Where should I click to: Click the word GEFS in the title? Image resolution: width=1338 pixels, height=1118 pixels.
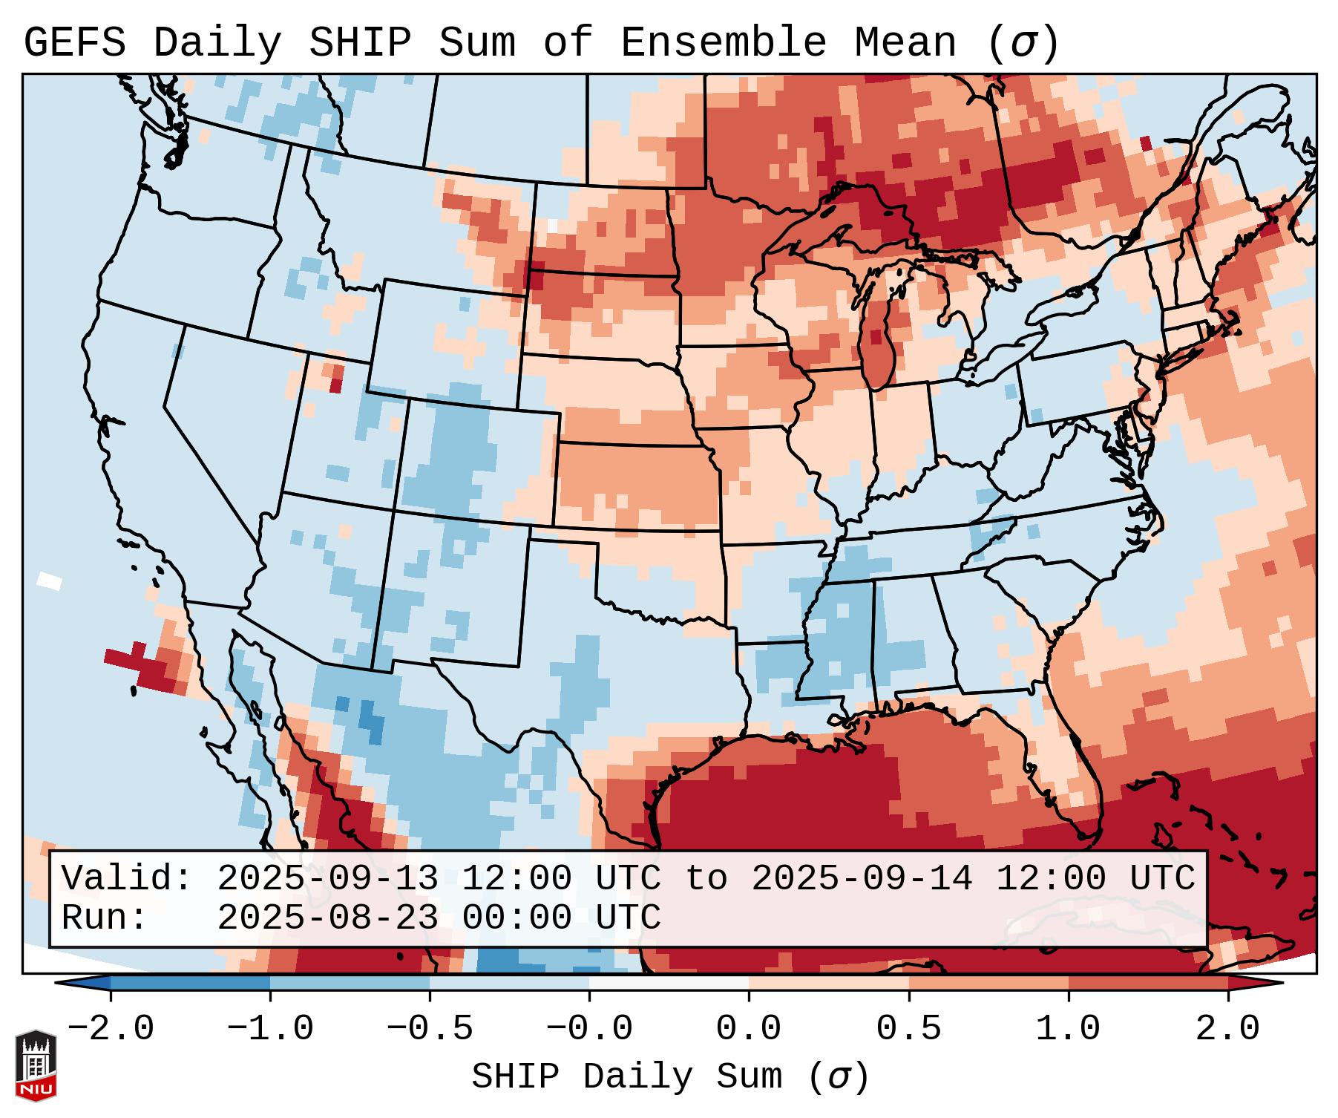(75, 42)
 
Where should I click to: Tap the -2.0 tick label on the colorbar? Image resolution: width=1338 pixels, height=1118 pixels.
(111, 1029)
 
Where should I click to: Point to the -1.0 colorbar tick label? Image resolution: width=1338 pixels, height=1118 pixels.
(270, 1029)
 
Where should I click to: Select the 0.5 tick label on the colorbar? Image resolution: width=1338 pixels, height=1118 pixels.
(908, 1029)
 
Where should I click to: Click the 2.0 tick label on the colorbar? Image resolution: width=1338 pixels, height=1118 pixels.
(1227, 1029)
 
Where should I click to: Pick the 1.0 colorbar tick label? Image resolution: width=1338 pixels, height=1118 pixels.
(1068, 1029)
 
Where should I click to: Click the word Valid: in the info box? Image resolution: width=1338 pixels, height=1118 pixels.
(127, 879)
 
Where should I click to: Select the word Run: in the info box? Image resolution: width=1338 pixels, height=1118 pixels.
(105, 918)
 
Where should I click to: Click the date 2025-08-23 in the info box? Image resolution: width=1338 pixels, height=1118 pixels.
(327, 918)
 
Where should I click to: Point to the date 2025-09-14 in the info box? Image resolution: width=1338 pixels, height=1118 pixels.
(862, 879)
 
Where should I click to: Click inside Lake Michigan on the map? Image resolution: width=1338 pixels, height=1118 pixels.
(879, 341)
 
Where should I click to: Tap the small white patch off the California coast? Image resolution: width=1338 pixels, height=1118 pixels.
(50, 581)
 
